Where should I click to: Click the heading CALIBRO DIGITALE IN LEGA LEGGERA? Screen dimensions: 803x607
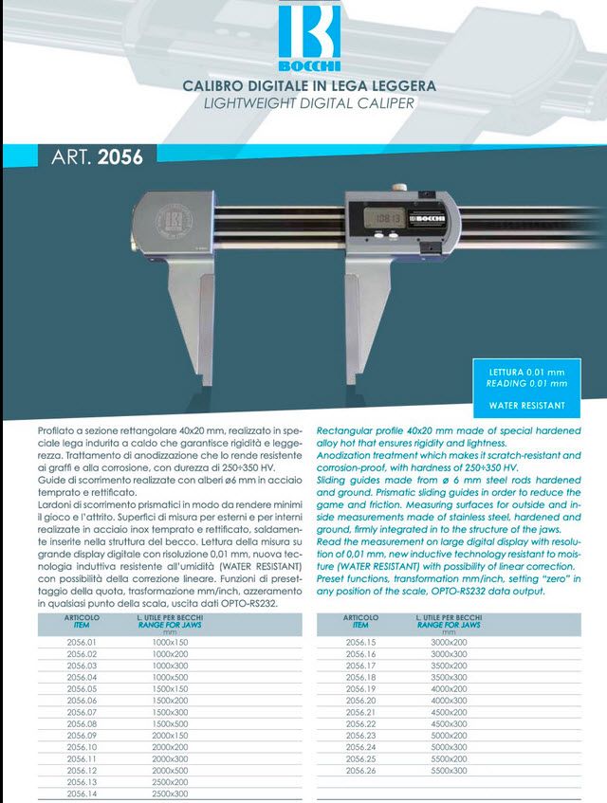click(309, 85)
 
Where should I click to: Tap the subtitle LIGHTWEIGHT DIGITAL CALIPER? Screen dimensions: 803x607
click(309, 102)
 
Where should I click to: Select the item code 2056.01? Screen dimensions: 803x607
click(82, 642)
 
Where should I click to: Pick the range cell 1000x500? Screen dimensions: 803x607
click(171, 677)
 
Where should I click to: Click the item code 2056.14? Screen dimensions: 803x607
click(82, 793)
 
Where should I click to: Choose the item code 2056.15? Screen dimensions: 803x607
click(360, 642)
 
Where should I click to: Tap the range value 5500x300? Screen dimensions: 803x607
click(450, 770)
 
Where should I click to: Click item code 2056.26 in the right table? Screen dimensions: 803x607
click(360, 770)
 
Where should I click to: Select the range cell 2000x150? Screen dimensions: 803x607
click(171, 735)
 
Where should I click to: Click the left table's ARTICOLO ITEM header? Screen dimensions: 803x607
click(82, 621)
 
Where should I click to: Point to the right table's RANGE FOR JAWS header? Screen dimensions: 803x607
click(449, 625)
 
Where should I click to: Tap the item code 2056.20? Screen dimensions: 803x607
click(360, 700)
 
